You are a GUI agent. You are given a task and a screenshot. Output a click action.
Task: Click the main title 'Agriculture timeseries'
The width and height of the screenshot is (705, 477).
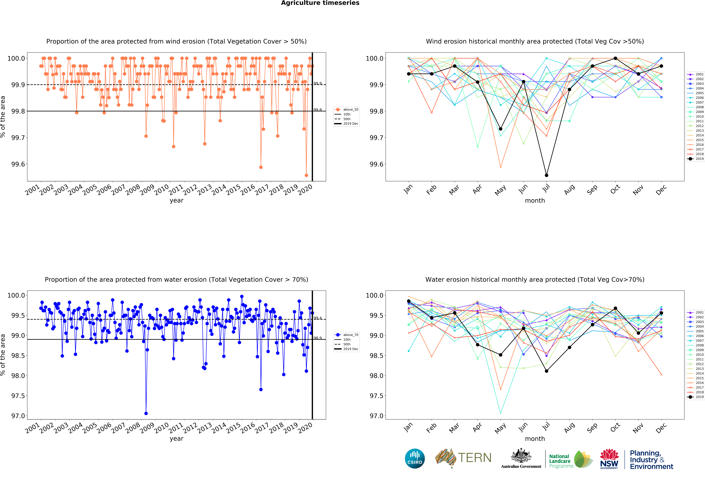(x=320, y=3)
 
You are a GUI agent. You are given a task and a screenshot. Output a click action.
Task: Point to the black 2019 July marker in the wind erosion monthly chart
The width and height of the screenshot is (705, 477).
(x=546, y=175)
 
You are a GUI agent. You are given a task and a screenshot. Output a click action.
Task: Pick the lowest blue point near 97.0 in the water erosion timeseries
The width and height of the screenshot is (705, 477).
(x=146, y=413)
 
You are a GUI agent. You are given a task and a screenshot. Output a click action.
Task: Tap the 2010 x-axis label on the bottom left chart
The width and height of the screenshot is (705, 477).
(x=161, y=428)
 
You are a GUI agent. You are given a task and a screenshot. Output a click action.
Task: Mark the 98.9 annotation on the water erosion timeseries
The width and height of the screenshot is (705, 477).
(x=318, y=338)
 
